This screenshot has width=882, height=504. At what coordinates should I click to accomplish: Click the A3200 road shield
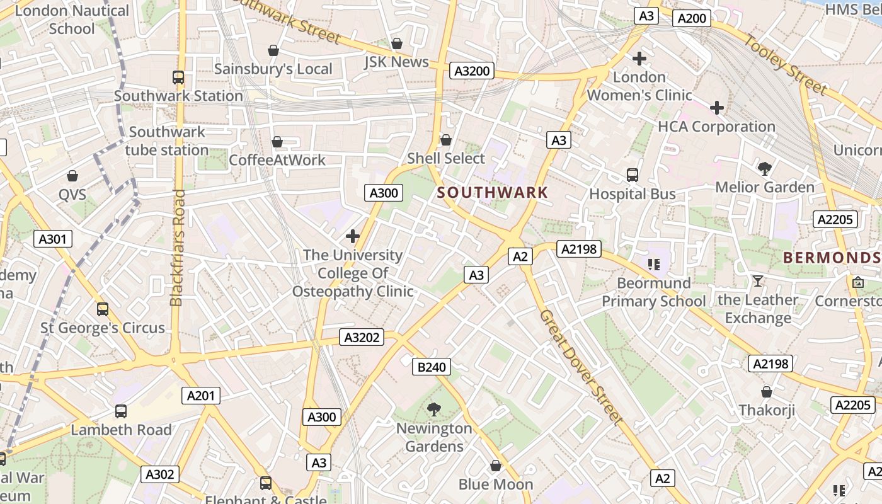pyautogui.click(x=472, y=71)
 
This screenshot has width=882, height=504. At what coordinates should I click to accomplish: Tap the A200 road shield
pyautogui.click(x=691, y=18)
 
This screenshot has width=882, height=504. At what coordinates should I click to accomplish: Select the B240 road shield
pyautogui.click(x=432, y=367)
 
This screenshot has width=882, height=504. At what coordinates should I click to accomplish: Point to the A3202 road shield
pyautogui.click(x=362, y=337)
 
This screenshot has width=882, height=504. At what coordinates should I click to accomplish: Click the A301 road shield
pyautogui.click(x=52, y=239)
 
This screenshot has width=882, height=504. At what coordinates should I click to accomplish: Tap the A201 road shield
pyautogui.click(x=202, y=396)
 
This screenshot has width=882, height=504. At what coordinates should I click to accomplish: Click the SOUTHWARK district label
pyautogui.click(x=492, y=193)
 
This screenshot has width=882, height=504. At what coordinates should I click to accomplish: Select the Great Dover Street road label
pyautogui.click(x=581, y=366)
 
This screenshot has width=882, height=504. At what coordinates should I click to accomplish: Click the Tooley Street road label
pyautogui.click(x=785, y=65)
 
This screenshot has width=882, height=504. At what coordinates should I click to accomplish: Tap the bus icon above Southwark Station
pyautogui.click(x=178, y=77)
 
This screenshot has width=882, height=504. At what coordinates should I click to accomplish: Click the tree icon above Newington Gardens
pyautogui.click(x=434, y=409)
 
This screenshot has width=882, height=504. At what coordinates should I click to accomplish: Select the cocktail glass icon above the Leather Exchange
pyautogui.click(x=757, y=281)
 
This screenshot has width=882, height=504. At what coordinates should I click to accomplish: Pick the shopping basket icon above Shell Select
pyautogui.click(x=446, y=139)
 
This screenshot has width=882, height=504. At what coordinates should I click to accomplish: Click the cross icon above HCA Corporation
pyautogui.click(x=716, y=108)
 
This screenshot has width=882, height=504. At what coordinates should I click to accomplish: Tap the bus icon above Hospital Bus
pyautogui.click(x=633, y=175)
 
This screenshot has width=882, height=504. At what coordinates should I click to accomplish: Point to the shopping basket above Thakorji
pyautogui.click(x=767, y=392)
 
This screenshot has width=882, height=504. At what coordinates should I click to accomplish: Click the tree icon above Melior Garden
pyautogui.click(x=765, y=168)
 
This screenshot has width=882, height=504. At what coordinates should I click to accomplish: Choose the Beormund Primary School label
pyautogui.click(x=654, y=292)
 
